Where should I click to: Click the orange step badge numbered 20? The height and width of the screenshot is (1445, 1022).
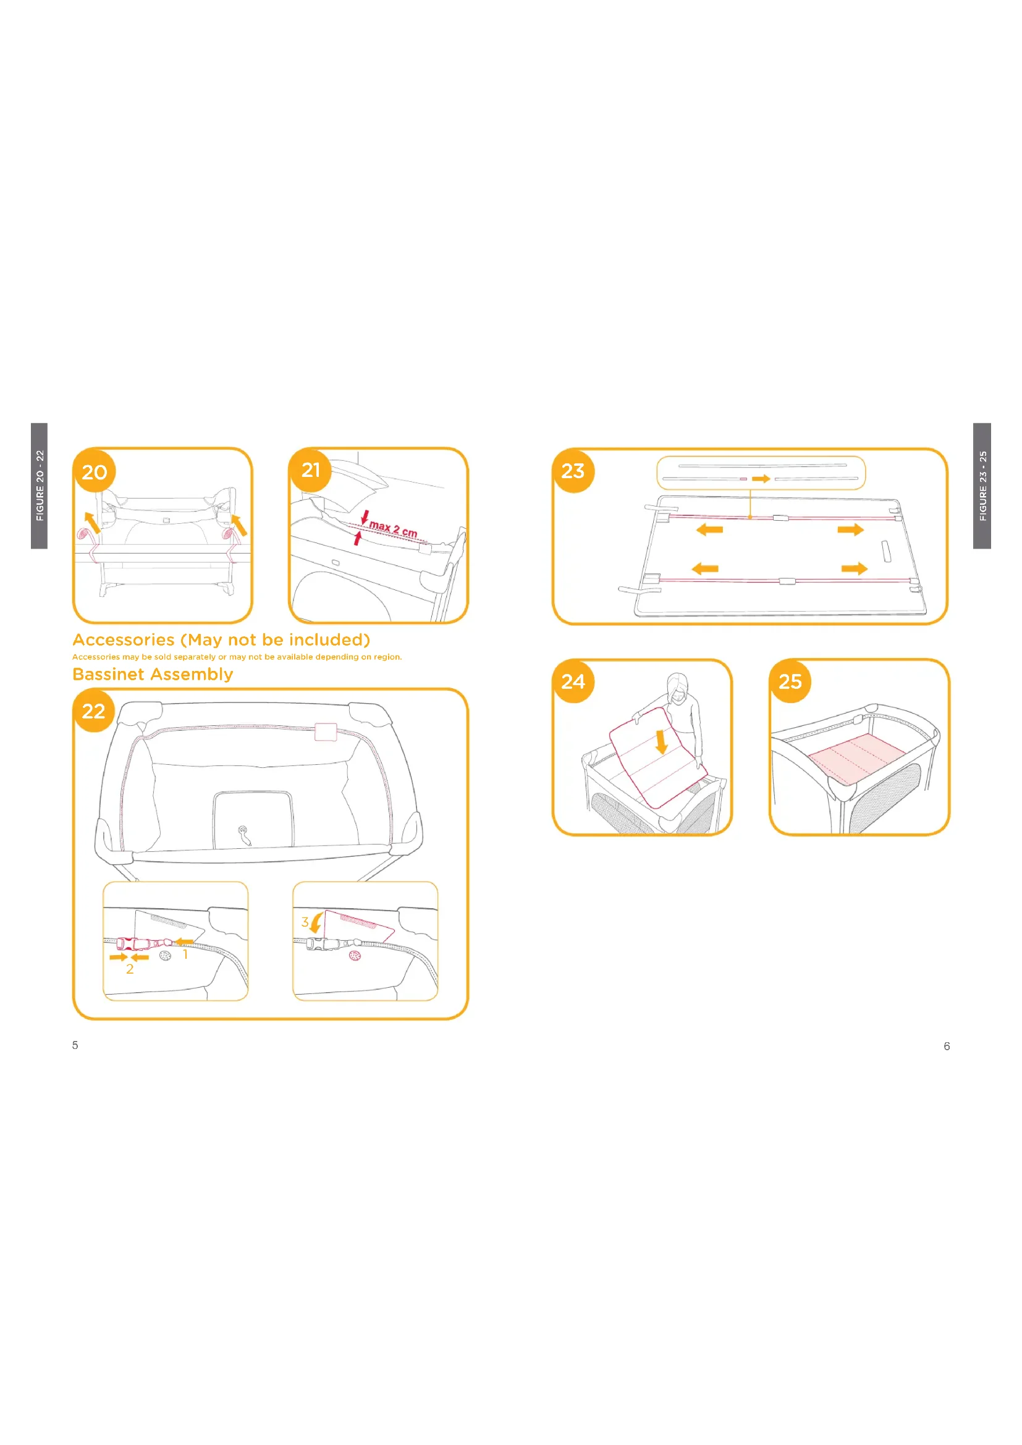95,471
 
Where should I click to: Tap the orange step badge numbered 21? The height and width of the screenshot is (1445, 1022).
310,470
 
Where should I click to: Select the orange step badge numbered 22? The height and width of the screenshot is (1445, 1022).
94,711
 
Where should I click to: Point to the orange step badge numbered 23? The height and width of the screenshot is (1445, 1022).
573,471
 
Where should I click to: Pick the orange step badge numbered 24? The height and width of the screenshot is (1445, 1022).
573,681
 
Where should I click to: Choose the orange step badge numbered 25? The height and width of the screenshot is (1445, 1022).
790,681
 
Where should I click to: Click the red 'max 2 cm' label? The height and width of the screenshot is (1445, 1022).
394,529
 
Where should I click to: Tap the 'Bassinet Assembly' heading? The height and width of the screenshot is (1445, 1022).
153,674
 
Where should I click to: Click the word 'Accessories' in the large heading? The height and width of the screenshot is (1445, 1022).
124,639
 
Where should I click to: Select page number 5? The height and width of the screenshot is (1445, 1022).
75,1045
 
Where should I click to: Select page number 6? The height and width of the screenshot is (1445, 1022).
947,1046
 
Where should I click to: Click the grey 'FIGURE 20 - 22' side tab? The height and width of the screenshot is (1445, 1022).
39,486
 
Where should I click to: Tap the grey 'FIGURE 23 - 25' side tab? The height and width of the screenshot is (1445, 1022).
982,486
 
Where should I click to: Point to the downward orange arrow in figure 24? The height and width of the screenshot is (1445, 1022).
661,742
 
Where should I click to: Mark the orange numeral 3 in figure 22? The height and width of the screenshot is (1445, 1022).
305,921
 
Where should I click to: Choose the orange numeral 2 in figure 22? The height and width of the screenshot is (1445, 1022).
130,969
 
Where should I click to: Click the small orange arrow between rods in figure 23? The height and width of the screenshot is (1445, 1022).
761,479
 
